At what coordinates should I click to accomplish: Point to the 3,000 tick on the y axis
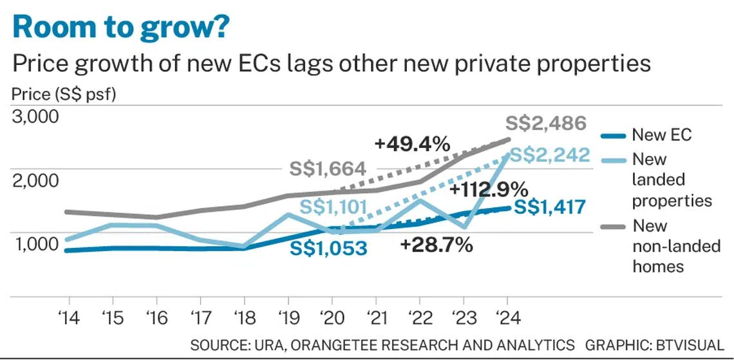click(36, 117)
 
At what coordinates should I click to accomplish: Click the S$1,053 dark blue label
click(328, 248)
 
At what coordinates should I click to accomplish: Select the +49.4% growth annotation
click(411, 145)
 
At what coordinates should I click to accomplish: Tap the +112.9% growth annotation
click(489, 190)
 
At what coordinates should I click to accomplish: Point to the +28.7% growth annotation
click(436, 245)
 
